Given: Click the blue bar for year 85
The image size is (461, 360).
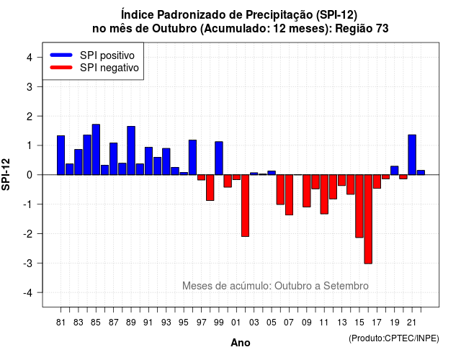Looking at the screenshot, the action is pyautogui.click(x=96, y=150).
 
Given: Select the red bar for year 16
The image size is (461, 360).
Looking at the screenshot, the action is pyautogui.click(x=368, y=219).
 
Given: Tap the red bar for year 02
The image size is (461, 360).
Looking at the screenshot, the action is pyautogui.click(x=245, y=206).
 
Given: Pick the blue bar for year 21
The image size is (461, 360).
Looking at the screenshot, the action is pyautogui.click(x=412, y=155).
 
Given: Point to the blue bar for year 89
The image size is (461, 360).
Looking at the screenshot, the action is pyautogui.click(x=131, y=150).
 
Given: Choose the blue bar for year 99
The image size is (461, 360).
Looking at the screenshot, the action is pyautogui.click(x=219, y=158).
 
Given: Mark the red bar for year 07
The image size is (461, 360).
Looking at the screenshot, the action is pyautogui.click(x=289, y=195).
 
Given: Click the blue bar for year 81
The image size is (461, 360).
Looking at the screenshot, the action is pyautogui.click(x=61, y=156).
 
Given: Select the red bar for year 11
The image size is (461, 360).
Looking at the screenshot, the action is pyautogui.click(x=324, y=194).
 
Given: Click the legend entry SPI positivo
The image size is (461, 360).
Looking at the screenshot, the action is pyautogui.click(x=92, y=55).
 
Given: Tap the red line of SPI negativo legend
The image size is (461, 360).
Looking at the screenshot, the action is pyautogui.click(x=61, y=68).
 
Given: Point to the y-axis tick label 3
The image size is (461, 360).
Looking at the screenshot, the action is pyautogui.click(x=30, y=86).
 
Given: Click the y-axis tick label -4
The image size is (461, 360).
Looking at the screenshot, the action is pyautogui.click(x=28, y=293).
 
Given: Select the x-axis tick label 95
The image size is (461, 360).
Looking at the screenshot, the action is pyautogui.click(x=184, y=323).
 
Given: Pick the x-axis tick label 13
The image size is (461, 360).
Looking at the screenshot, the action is pyautogui.click(x=341, y=323).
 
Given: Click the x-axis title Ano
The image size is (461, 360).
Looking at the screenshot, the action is pyautogui.click(x=241, y=343).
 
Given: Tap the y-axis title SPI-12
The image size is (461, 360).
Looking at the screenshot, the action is pyautogui.click(x=6, y=174).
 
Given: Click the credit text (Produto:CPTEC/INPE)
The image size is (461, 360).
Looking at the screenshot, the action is pyautogui.click(x=394, y=338).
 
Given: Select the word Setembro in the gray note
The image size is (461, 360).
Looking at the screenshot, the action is pyautogui.click(x=346, y=286).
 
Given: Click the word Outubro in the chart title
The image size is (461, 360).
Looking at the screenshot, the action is pyautogui.click(x=174, y=29).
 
